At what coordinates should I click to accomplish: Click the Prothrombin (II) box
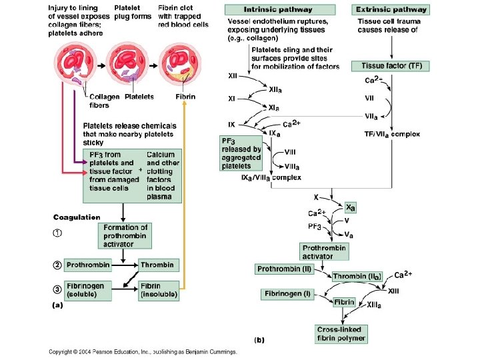(283, 269)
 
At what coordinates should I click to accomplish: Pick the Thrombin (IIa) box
(357, 276)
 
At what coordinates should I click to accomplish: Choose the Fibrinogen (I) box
(287, 293)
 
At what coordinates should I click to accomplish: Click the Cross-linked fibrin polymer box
(341, 333)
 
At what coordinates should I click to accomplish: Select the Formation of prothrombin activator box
(125, 235)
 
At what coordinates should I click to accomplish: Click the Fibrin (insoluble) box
(158, 289)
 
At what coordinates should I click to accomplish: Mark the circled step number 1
(59, 234)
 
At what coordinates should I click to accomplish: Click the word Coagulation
(77, 217)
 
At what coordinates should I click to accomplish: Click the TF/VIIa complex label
(391, 134)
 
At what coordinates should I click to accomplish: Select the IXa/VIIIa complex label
(271, 178)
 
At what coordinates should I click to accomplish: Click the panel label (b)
(259, 339)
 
